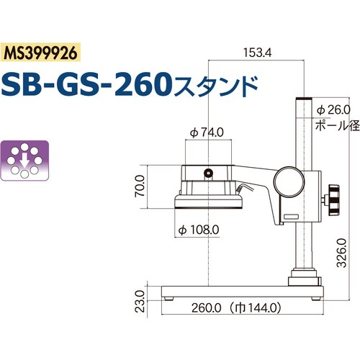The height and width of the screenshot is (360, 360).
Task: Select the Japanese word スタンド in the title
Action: coord(216,86)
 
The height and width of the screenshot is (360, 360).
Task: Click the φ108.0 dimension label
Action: coord(198,231)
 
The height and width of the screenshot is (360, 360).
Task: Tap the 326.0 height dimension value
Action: coord(343,252)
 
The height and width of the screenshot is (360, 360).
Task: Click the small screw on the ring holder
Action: coord(208,173)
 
